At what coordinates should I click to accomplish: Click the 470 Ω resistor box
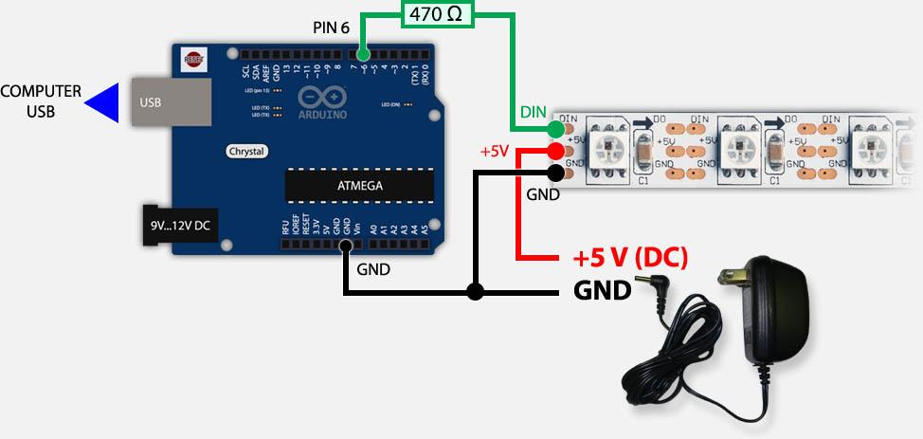click(x=439, y=14)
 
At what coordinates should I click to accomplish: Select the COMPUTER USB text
click(x=41, y=101)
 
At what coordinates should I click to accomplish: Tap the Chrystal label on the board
click(x=246, y=151)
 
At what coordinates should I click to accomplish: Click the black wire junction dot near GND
click(x=475, y=292)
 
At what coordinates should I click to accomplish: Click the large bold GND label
click(x=603, y=290)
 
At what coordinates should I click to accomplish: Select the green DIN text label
click(x=533, y=112)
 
